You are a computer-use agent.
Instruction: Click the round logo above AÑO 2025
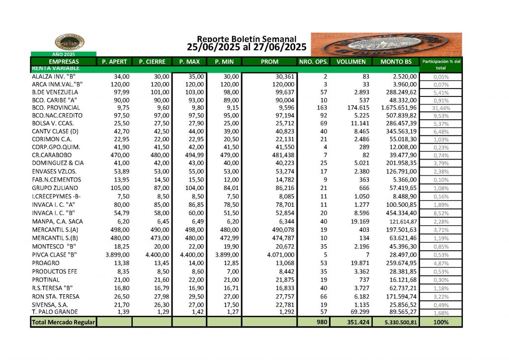[x=69, y=42]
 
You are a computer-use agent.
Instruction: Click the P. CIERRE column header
[x=151, y=62]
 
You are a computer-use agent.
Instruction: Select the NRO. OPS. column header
[x=313, y=62]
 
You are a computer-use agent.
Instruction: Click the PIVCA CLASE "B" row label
[x=55, y=255]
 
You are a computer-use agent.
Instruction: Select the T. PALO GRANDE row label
[x=55, y=312]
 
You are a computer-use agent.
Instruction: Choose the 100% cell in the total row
[x=440, y=322]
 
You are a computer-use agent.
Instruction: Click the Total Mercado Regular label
[x=63, y=322]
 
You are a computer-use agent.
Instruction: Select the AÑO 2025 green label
[x=63, y=54]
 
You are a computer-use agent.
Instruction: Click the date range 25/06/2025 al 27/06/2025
[x=247, y=48]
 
